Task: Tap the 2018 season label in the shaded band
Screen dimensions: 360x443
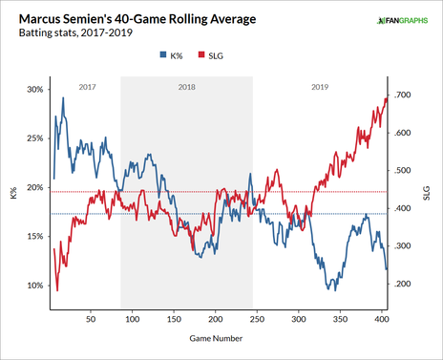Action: click(186, 86)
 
